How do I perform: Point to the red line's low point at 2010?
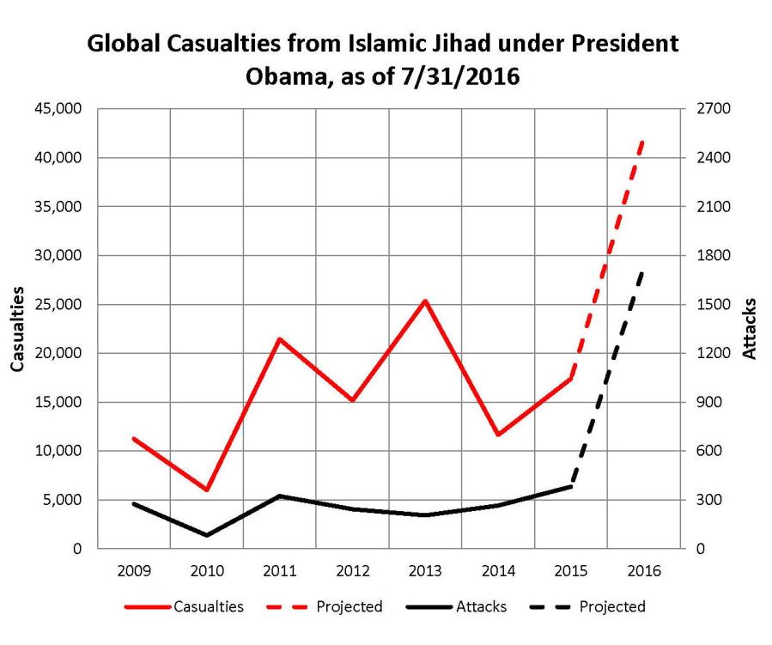click(x=207, y=490)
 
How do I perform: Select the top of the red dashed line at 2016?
click(x=642, y=141)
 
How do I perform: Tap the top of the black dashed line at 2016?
click(x=642, y=271)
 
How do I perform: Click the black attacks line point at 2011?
click(x=280, y=496)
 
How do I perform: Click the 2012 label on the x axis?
click(x=353, y=570)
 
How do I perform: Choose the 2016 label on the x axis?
click(x=643, y=570)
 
